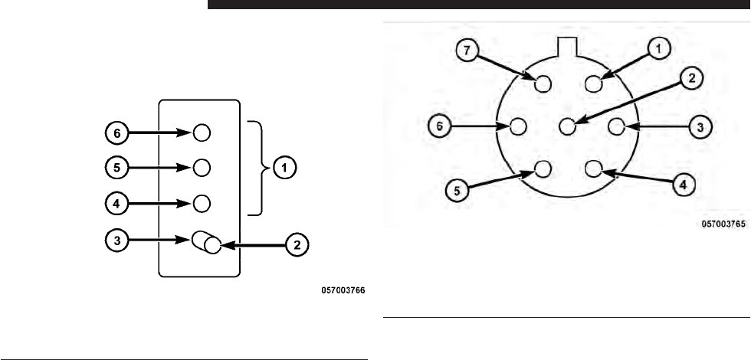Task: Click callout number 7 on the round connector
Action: point(467,51)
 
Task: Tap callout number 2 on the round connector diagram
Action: point(690,77)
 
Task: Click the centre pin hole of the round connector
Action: point(567,126)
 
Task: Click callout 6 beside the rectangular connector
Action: point(116,133)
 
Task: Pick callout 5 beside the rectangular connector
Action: point(116,167)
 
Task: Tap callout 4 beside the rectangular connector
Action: point(116,204)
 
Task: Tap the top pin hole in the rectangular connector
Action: point(201,133)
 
